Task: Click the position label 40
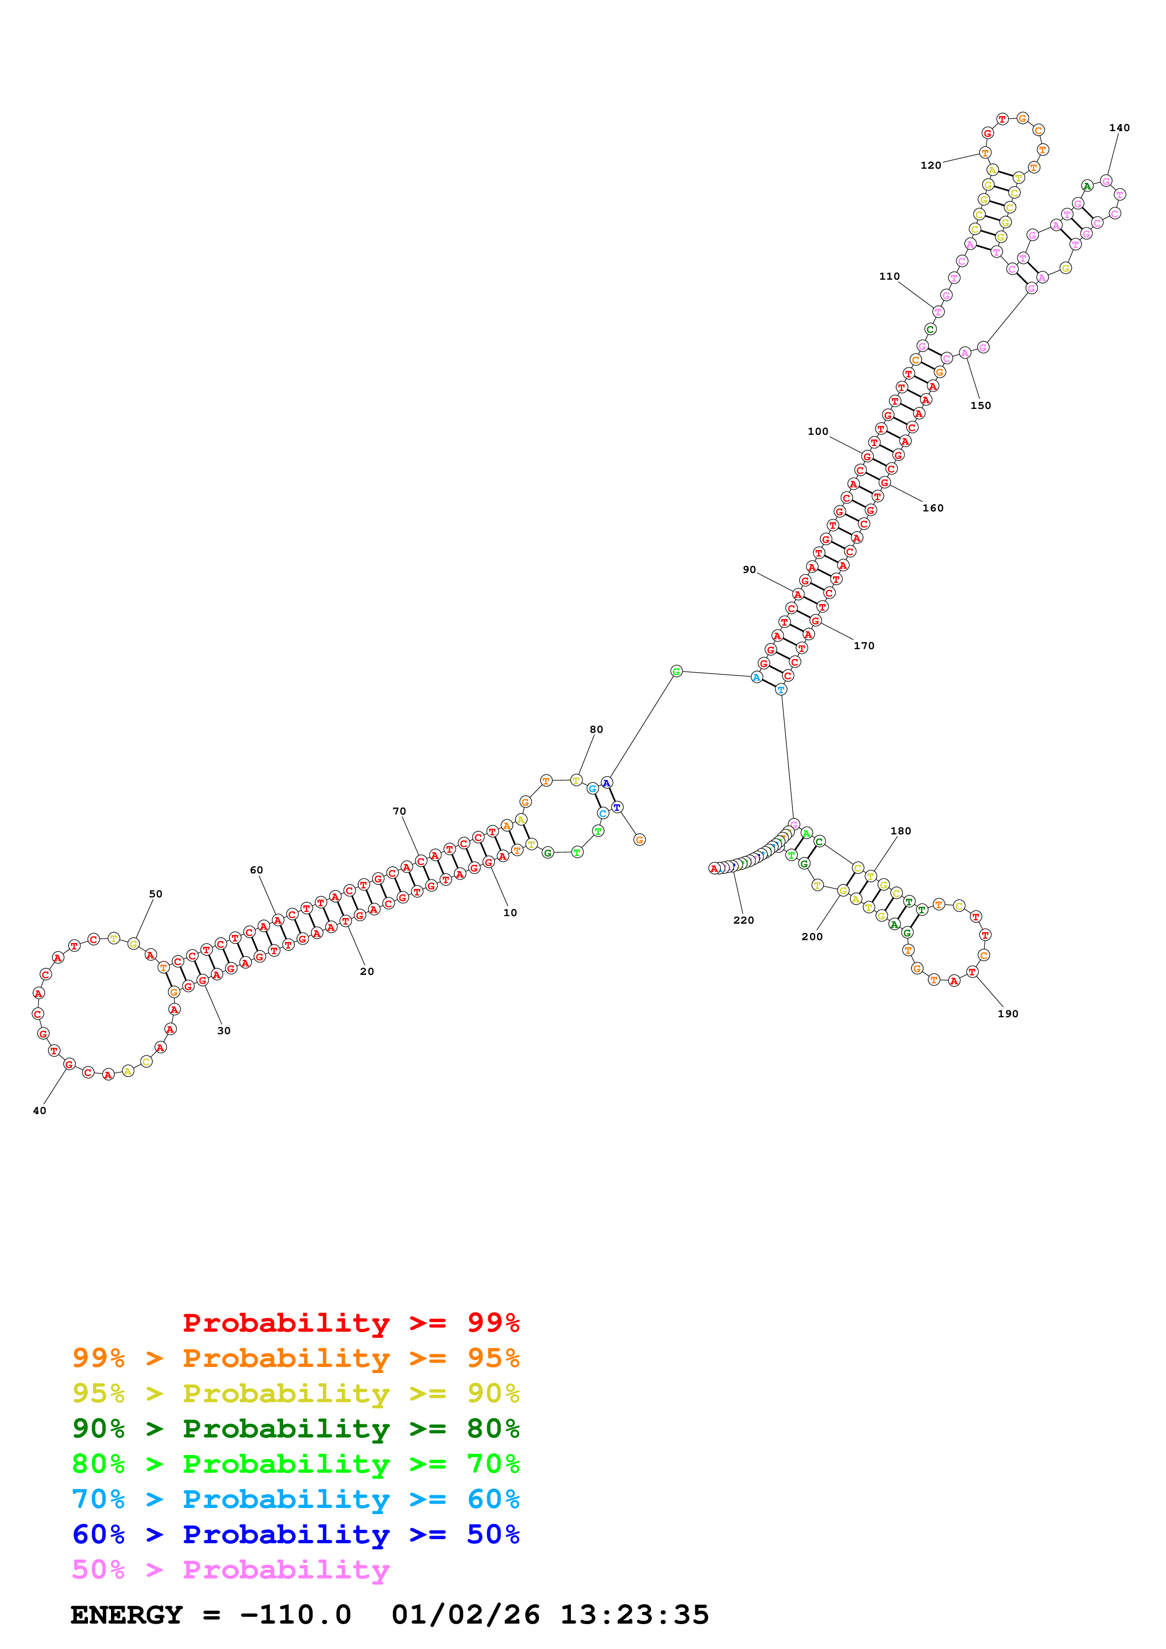pos(40,1110)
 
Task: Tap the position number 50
pos(156,894)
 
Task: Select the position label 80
pos(596,729)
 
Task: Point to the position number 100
pos(817,431)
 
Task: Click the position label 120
pos(930,165)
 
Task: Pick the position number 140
pos(1119,128)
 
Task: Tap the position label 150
pos(981,405)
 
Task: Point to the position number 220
pos(744,920)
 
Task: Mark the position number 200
pos(812,936)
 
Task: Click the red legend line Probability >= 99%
pos(350,1323)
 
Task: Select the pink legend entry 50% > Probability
pos(230,1569)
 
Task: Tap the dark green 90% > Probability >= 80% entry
pos(295,1429)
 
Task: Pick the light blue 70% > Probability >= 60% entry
pos(295,1499)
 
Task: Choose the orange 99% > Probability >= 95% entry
pos(295,1358)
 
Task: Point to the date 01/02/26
pos(466,1615)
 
